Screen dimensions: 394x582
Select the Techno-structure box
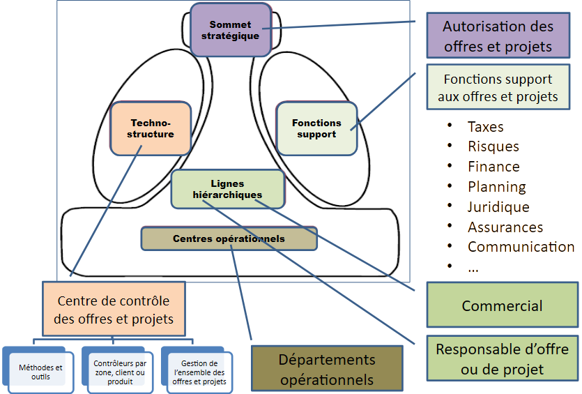click(151, 128)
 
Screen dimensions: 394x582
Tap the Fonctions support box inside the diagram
click(316, 128)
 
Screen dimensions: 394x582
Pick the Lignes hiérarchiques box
click(227, 189)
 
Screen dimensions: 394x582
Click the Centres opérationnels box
click(229, 238)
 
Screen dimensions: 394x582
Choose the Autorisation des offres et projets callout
click(498, 36)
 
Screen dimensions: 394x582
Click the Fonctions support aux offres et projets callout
click(498, 88)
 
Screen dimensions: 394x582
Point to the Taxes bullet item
click(484, 127)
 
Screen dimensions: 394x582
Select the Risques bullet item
click(492, 146)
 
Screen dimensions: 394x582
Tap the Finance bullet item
click(493, 167)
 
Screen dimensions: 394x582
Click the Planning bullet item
click(496, 187)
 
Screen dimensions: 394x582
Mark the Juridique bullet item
click(498, 207)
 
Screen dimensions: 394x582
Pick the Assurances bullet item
click(504, 227)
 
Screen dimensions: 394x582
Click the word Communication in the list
click(520, 247)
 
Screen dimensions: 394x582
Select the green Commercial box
click(502, 305)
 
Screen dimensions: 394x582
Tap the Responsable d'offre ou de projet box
click(502, 358)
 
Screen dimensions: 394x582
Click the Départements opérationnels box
click(326, 370)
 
